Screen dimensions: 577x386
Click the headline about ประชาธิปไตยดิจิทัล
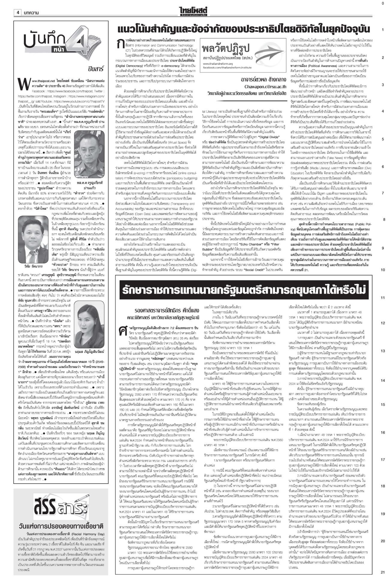244,29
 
